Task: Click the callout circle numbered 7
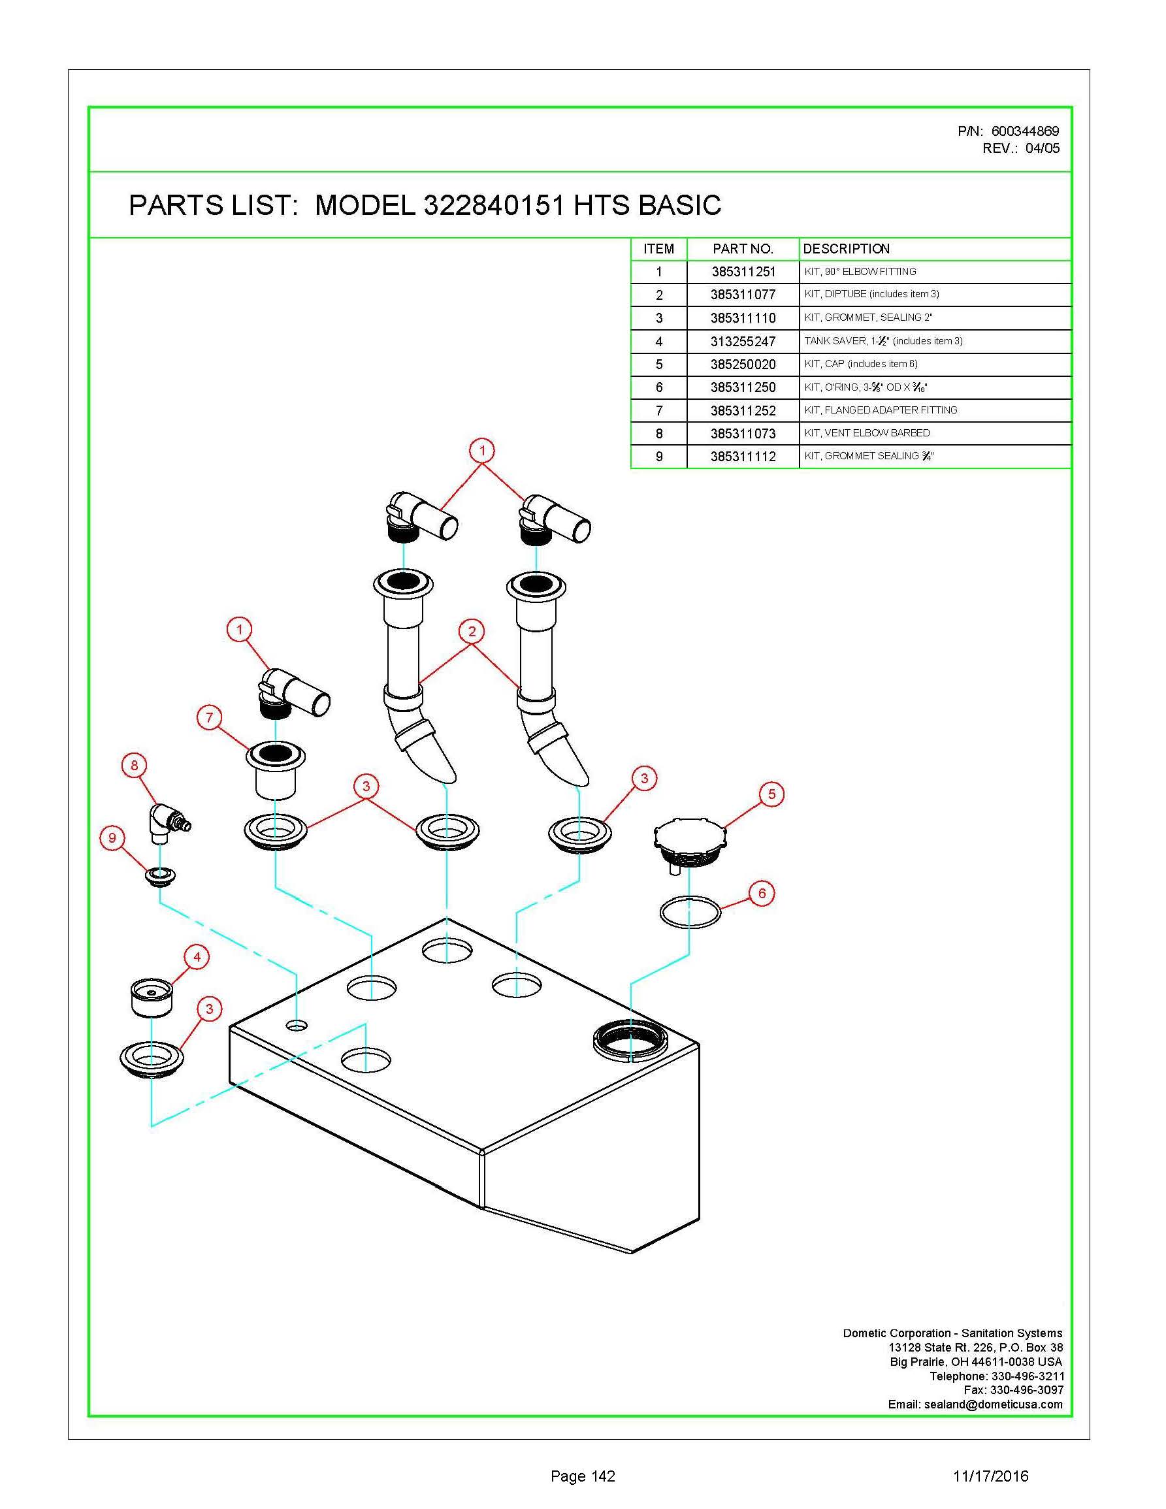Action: pyautogui.click(x=209, y=718)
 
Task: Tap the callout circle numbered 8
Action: pyautogui.click(x=134, y=765)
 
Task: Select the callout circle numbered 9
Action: pyautogui.click(x=112, y=839)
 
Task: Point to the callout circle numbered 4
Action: pyautogui.click(x=197, y=957)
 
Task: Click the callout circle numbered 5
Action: pyautogui.click(x=771, y=794)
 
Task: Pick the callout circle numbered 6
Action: pyautogui.click(x=762, y=894)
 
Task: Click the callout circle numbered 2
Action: pyautogui.click(x=472, y=631)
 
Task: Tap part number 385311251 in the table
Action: pyautogui.click(x=743, y=272)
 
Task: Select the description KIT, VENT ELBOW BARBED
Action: pyautogui.click(x=867, y=433)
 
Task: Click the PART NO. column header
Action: pyautogui.click(x=743, y=249)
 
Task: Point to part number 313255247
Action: pyautogui.click(x=743, y=341)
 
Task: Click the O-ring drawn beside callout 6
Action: pyautogui.click(x=690, y=912)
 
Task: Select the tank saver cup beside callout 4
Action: pyautogui.click(x=152, y=997)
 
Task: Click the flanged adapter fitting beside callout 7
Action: pyautogui.click(x=276, y=770)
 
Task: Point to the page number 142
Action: pyautogui.click(x=582, y=1476)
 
